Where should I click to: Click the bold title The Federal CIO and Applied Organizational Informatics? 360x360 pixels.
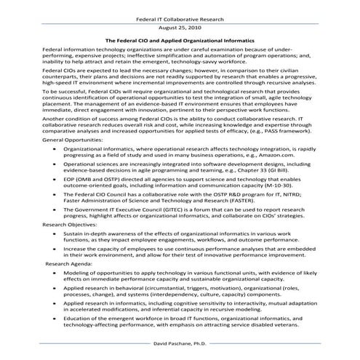180,41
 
